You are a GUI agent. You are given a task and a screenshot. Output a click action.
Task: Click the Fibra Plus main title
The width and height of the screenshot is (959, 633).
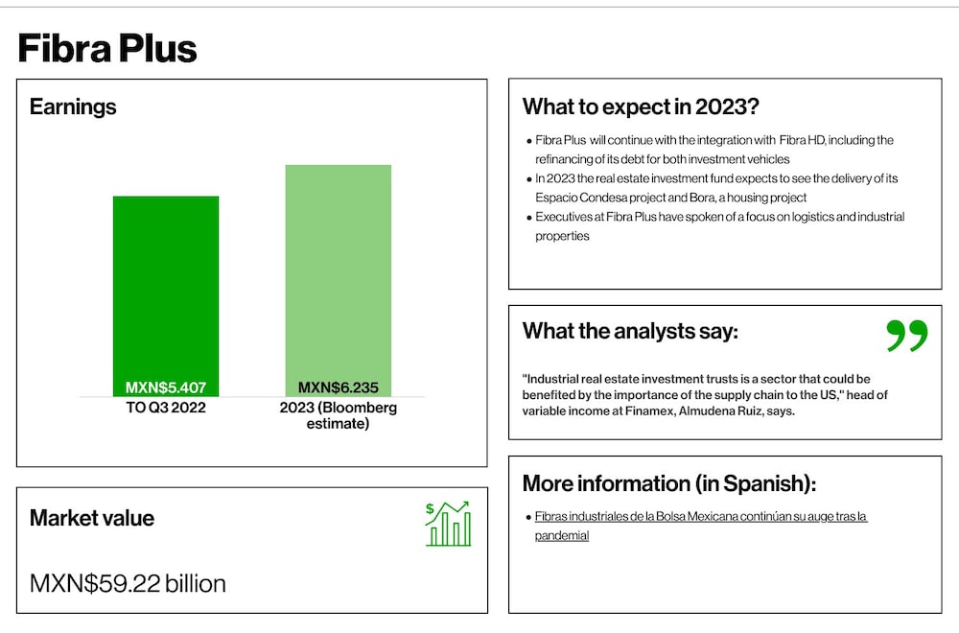tap(107, 48)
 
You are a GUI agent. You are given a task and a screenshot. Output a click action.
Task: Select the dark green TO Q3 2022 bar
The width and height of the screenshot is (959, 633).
tap(166, 296)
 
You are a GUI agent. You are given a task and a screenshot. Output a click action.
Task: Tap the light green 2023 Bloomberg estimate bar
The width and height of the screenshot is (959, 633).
tap(339, 281)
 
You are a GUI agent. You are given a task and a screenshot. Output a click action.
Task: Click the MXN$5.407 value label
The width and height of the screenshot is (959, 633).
tap(166, 387)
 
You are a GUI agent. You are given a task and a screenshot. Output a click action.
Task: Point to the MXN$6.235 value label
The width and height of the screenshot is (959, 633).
tap(339, 387)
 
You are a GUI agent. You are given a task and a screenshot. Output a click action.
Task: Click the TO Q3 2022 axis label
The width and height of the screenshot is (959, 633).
tap(166, 408)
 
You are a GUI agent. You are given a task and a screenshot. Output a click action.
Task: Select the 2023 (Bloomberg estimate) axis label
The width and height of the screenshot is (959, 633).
tap(339, 415)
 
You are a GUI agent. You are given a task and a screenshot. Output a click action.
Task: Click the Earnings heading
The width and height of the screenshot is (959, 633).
tap(73, 106)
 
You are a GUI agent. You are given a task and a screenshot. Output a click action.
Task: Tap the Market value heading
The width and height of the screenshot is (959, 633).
tap(92, 518)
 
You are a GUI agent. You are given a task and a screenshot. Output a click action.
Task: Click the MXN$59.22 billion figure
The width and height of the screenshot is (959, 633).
tap(128, 583)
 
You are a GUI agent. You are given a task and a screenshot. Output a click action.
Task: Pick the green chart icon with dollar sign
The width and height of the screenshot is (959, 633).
tap(448, 524)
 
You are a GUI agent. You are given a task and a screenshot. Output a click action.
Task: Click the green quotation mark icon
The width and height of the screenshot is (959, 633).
tap(907, 335)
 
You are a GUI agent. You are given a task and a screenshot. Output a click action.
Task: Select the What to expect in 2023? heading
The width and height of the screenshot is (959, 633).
tap(641, 106)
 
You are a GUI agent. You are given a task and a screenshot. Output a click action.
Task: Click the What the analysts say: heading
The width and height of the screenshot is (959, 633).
tap(630, 331)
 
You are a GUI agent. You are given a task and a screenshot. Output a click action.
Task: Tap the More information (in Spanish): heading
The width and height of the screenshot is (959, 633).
tap(669, 483)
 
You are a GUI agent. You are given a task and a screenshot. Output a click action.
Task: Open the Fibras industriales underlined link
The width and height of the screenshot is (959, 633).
tap(701, 526)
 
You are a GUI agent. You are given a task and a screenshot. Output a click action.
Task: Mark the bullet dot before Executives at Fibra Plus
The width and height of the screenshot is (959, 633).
tap(529, 218)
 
